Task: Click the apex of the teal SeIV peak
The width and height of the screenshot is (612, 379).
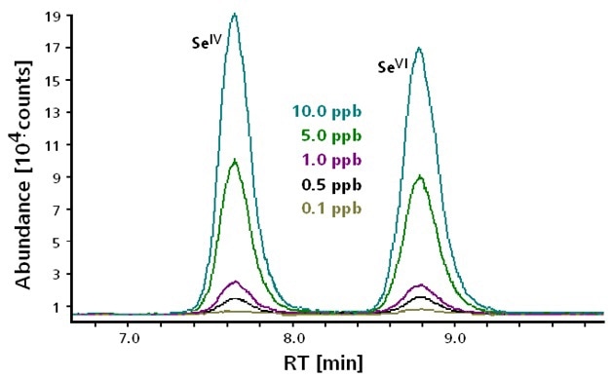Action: [x=234, y=15]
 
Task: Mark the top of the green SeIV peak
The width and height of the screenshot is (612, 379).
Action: [x=234, y=161]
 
